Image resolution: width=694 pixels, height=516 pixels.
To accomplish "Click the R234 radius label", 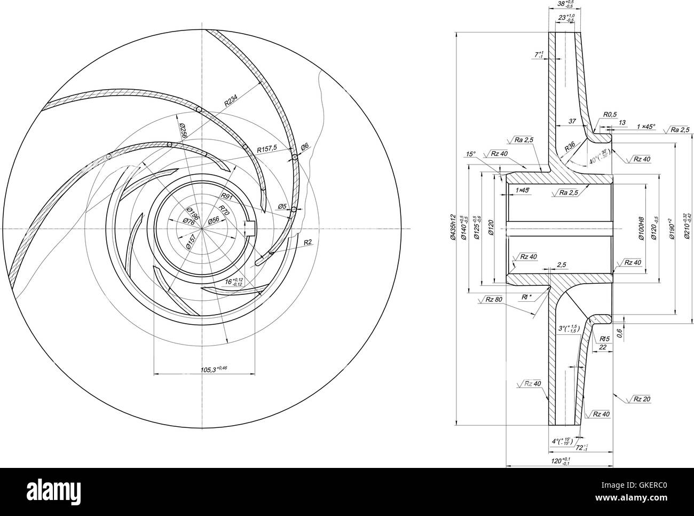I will (x=231, y=100).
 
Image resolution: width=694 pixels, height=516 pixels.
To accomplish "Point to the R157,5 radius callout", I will (x=266, y=149).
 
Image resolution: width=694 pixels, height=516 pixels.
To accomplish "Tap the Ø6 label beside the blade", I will (x=304, y=146).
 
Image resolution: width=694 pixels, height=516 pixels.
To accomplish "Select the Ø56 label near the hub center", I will (x=214, y=220).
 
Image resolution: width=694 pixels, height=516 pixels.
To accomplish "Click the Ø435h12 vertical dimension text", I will (x=452, y=228).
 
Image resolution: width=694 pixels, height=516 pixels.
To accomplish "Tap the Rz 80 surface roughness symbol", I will (x=493, y=299).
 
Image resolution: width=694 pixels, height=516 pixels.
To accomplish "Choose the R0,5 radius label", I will (x=610, y=114).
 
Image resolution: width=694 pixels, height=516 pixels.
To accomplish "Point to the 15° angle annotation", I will (x=470, y=154).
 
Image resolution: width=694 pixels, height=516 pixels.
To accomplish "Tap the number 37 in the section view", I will (x=572, y=122).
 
